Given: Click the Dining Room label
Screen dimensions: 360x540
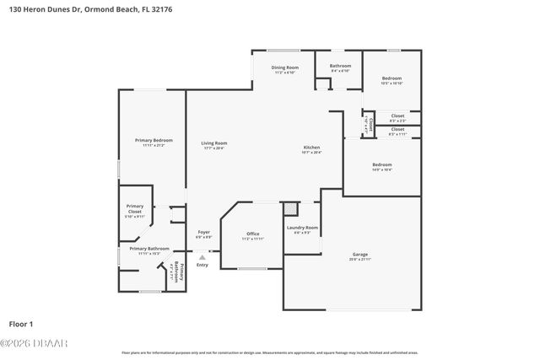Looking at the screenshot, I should [284, 67].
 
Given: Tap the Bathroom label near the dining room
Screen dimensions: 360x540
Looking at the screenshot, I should [340, 66].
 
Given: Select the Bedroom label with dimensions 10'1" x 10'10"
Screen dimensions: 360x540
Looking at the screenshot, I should [391, 78].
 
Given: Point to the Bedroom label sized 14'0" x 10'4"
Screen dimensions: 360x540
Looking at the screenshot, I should [381, 164].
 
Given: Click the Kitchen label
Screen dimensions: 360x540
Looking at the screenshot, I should [311, 148].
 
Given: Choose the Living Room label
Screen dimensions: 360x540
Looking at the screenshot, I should [213, 143].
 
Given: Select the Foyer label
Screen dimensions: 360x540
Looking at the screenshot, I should [203, 232].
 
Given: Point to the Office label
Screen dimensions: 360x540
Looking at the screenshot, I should [252, 234].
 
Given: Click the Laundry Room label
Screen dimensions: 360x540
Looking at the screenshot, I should [301, 228].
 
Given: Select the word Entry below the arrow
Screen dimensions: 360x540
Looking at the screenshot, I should [202, 266].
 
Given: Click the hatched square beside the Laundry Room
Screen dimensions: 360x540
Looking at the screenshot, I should [289, 208].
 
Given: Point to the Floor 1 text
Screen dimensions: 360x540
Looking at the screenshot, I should [21, 323].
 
